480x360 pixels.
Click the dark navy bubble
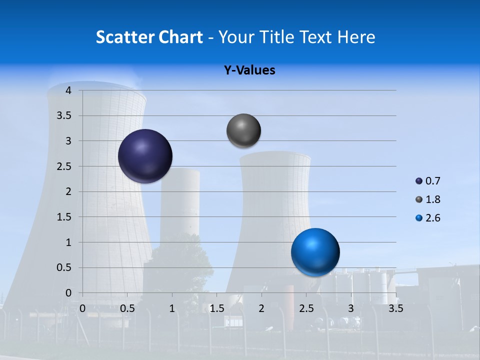coord(145,156)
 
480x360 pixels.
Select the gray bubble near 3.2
coord(243,131)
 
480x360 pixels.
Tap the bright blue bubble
coord(315,252)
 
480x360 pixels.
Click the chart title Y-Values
coord(249,70)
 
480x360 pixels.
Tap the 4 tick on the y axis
coord(68,90)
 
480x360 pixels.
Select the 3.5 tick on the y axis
coord(64,116)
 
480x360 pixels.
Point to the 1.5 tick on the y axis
coord(64,217)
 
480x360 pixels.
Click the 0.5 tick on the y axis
coord(64,267)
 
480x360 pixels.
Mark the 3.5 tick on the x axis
coord(395,308)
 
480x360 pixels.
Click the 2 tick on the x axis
coord(261,308)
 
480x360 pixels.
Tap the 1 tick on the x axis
coord(172,308)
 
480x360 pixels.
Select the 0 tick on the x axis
coord(82,308)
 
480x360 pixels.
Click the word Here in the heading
coord(356,37)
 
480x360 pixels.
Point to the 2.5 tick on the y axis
coord(64,166)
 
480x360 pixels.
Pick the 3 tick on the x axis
coord(351,308)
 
